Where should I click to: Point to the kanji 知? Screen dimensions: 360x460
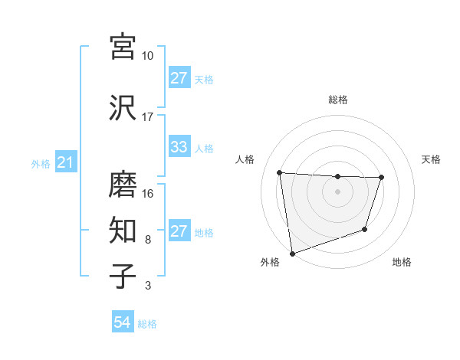[x=122, y=229]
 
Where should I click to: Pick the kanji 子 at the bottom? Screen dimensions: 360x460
[x=122, y=275]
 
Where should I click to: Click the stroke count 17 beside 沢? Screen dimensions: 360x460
[x=147, y=117]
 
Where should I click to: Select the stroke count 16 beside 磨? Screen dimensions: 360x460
[x=147, y=194]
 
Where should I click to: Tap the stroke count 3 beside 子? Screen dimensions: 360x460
[x=147, y=286]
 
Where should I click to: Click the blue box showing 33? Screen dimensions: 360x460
[x=179, y=148]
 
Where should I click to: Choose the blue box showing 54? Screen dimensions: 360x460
[x=122, y=323]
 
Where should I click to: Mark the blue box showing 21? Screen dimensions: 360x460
[x=65, y=163]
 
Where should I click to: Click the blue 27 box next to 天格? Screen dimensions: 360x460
[x=179, y=79]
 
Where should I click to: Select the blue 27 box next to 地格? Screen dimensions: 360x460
[x=179, y=232]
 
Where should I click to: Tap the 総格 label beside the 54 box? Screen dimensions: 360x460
[x=147, y=324]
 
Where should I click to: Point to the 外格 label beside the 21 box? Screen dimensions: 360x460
[x=40, y=164]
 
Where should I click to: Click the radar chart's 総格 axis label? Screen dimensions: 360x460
[x=338, y=100]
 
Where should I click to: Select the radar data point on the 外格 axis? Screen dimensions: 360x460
[x=292, y=253]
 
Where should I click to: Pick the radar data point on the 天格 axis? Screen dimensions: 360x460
[x=381, y=178]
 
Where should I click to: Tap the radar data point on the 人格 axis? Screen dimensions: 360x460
[x=280, y=172]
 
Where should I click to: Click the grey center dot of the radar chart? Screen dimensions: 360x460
[x=337, y=191]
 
